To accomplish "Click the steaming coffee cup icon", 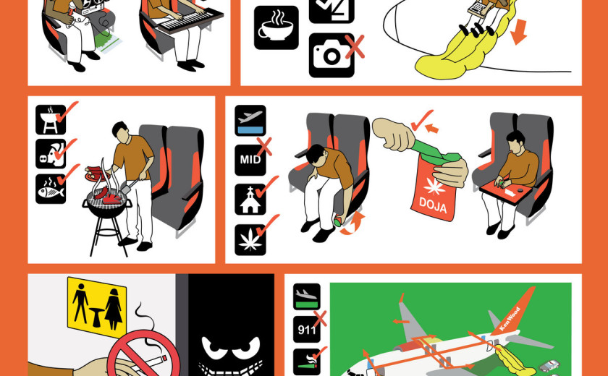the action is coord(276,27).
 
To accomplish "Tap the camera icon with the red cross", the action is coord(332,56).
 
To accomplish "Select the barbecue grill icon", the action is coord(51,119).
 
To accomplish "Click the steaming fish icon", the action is coord(51,189).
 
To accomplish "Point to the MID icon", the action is coord(250,160).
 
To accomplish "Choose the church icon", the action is coord(250,200).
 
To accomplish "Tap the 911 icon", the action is coord(306,330).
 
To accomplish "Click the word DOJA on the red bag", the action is coord(433,205).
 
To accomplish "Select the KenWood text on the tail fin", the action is coord(510,319).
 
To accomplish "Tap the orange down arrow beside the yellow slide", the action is coord(518,32).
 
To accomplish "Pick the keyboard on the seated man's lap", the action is coord(190,20).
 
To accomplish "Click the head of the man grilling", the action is coord(120,130).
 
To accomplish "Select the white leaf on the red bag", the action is coord(435,187).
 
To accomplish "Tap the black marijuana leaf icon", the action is coord(250,239).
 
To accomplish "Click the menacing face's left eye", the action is coord(214,346).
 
